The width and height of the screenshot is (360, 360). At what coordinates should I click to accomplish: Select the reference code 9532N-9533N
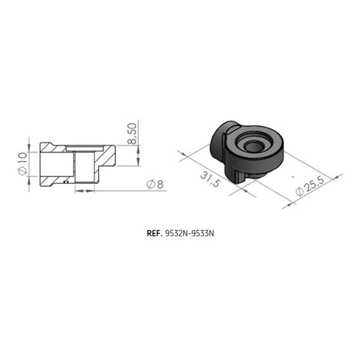coord(188,233)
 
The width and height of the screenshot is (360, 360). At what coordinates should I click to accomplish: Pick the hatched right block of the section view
coord(107,156)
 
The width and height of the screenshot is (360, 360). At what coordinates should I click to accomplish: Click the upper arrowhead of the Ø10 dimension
coord(30,145)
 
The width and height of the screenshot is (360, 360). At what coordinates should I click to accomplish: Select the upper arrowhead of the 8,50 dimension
coord(138,143)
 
